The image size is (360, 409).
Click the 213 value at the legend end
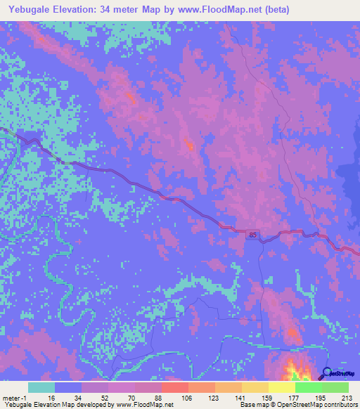click(x=346, y=397)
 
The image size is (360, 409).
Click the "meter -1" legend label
click(x=15, y=397)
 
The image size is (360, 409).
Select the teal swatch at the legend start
click(x=41, y=387)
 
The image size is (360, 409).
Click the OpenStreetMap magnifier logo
click(x=326, y=375)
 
